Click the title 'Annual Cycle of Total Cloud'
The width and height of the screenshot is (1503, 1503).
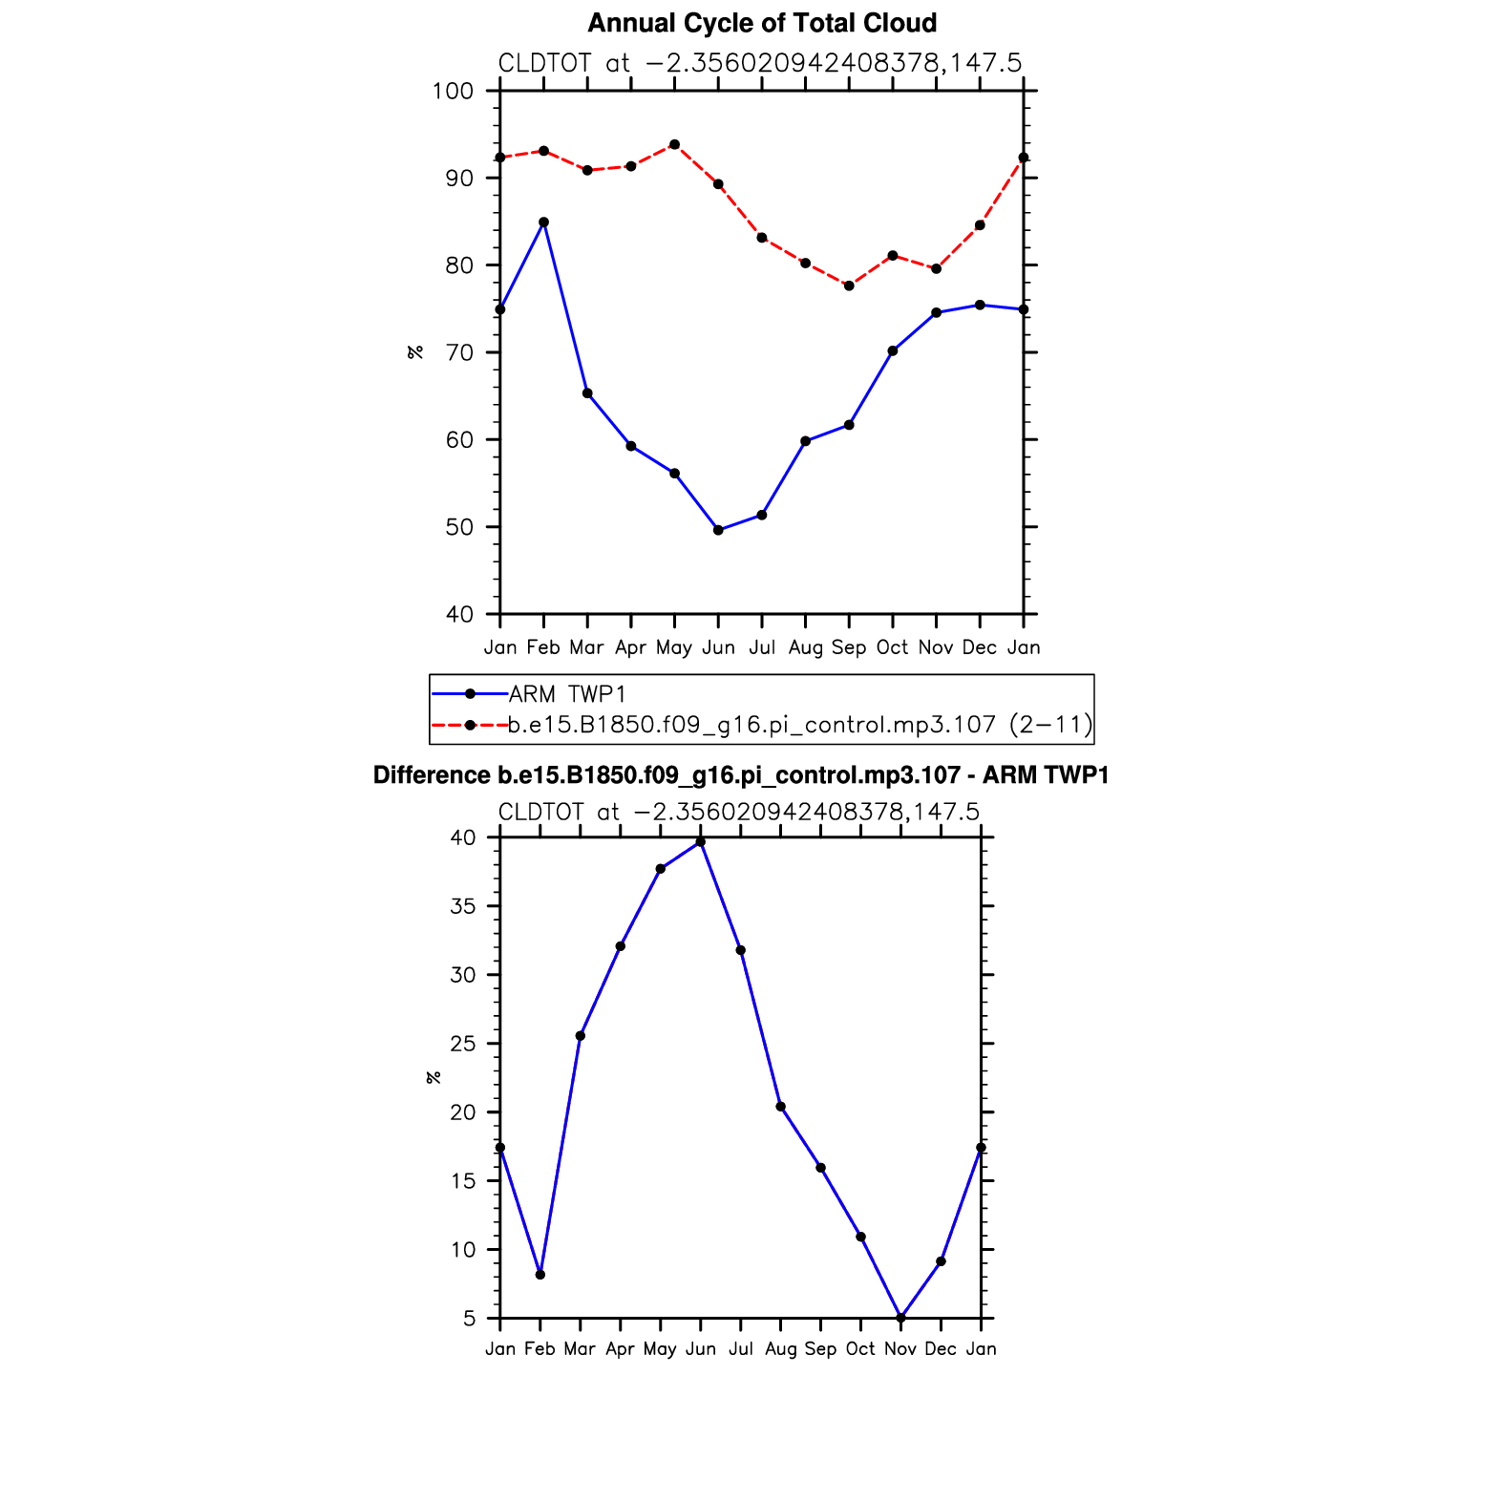click(x=761, y=23)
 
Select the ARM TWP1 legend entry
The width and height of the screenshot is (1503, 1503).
click(x=566, y=694)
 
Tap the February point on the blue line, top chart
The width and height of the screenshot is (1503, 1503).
click(x=543, y=222)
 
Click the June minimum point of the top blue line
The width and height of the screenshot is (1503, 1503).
click(x=718, y=530)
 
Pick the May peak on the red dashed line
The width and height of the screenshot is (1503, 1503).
click(x=674, y=144)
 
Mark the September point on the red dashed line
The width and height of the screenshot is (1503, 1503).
click(x=849, y=286)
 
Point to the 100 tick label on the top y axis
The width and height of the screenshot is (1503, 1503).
click(x=453, y=92)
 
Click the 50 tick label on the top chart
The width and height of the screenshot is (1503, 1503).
click(x=458, y=527)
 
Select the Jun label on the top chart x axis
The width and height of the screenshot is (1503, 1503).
click(x=718, y=647)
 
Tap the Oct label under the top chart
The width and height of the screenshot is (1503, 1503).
click(x=892, y=647)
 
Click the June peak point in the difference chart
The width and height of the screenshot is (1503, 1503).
click(x=701, y=842)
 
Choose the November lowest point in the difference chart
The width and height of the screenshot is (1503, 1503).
click(x=900, y=1318)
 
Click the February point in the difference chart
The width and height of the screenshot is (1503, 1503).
click(x=540, y=1275)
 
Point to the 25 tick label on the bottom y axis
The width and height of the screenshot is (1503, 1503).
click(x=462, y=1044)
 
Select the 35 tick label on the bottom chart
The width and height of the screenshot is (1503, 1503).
click(x=462, y=906)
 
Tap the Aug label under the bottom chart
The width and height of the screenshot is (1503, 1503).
click(x=780, y=1349)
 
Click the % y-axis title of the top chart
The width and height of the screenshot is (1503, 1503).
click(x=415, y=352)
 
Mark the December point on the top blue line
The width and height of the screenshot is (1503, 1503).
click(x=980, y=305)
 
